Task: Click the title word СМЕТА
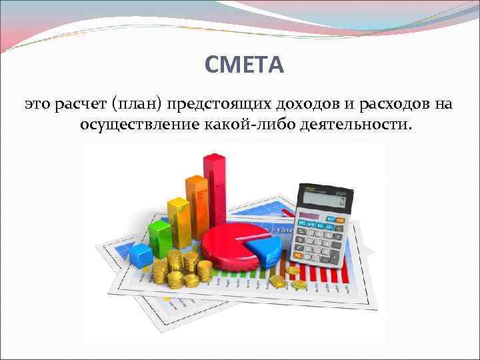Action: [x=244, y=65]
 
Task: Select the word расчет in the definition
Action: [x=79, y=104]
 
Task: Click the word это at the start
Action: [x=37, y=104]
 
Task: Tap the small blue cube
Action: [x=141, y=254]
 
